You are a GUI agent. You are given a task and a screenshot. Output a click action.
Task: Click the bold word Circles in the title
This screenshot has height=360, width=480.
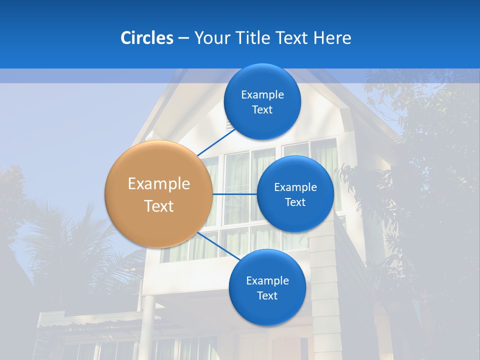[x=146, y=38]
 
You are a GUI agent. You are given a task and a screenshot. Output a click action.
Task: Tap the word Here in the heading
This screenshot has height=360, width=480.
[x=332, y=38]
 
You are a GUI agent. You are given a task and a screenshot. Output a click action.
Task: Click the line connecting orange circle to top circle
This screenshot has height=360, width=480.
[x=216, y=142]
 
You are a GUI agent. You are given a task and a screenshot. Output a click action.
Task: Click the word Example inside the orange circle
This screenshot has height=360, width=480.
[x=159, y=184]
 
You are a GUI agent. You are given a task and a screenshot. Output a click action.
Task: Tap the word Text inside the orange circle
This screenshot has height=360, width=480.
[x=159, y=206]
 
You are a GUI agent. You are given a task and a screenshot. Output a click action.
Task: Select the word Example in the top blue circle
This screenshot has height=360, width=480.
[x=262, y=95]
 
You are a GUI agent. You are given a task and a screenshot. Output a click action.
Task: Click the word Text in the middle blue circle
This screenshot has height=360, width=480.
[x=295, y=202]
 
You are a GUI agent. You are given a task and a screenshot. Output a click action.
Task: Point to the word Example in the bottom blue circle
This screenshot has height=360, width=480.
[x=267, y=281]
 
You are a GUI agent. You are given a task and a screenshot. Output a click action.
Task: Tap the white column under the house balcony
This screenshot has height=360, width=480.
[x=148, y=325]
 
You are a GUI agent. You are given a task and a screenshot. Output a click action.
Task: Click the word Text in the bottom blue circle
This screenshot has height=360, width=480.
[x=267, y=295]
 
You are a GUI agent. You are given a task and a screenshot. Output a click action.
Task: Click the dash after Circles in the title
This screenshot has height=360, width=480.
[x=183, y=38]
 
